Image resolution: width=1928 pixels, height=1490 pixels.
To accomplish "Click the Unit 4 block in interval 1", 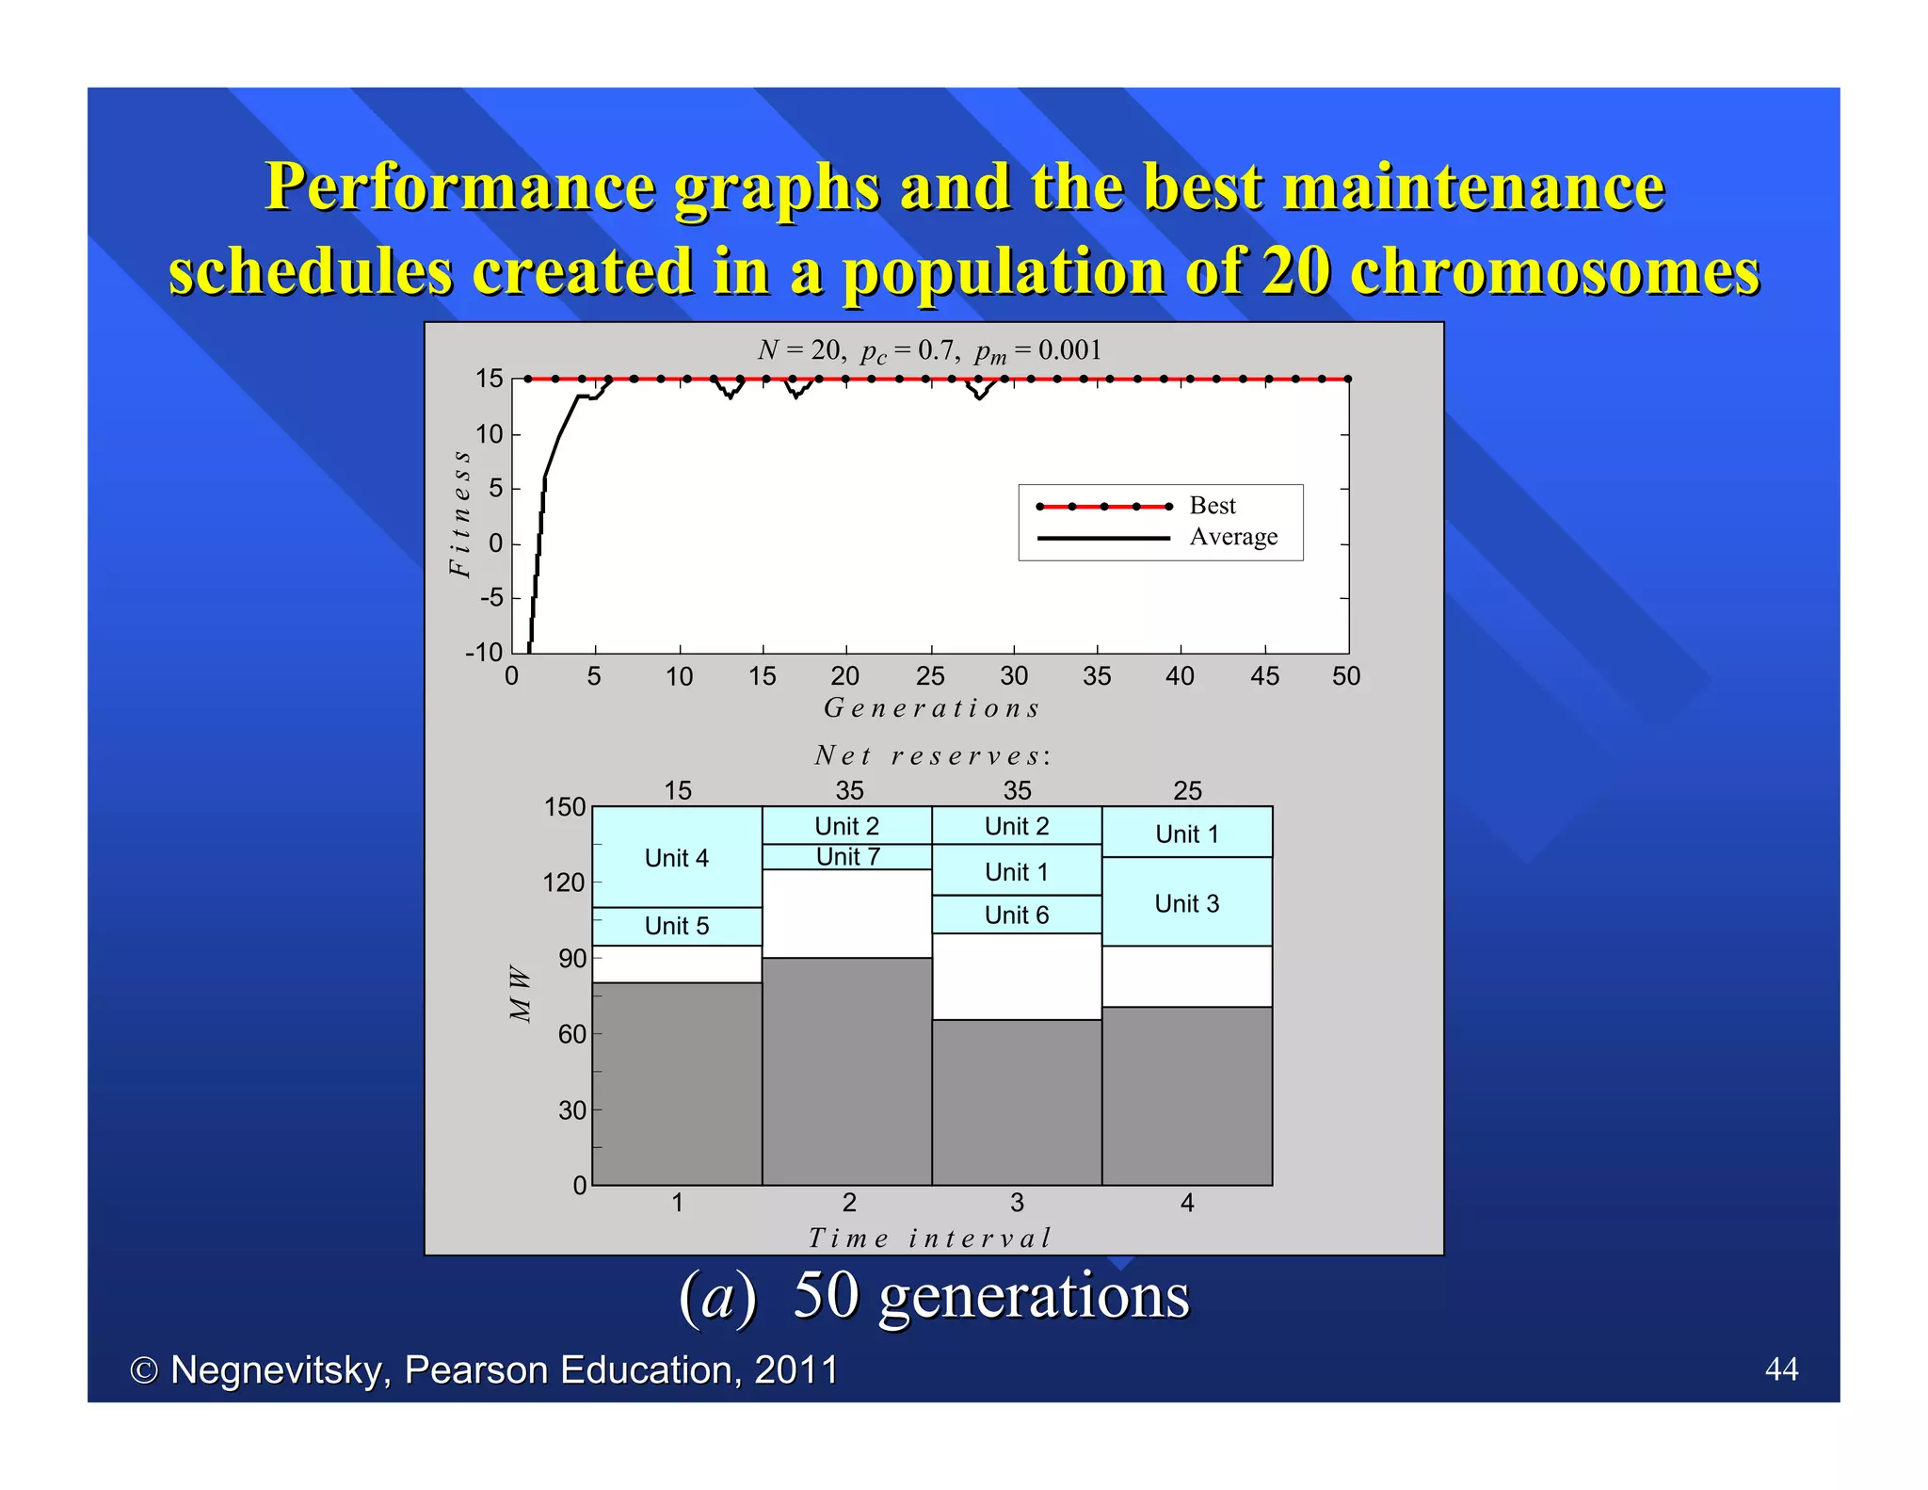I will tap(677, 857).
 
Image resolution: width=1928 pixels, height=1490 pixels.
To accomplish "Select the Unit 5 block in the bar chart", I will tap(677, 926).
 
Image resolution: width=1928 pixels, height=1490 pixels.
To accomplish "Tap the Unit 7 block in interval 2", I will tap(847, 857).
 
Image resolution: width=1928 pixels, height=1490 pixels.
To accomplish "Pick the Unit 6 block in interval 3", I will tap(1017, 915).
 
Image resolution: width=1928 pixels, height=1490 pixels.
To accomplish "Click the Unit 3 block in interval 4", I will tap(1187, 902).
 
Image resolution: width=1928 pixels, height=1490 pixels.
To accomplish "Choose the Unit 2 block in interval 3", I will tap(1017, 826).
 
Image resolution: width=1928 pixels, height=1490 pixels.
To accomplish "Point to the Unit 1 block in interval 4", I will tap(1187, 833).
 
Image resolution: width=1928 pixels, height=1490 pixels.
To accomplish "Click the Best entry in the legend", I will tap(1213, 506).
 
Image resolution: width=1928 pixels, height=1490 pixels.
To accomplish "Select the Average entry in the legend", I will tap(1233, 537).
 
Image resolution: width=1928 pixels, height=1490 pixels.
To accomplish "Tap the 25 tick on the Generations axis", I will tap(930, 676).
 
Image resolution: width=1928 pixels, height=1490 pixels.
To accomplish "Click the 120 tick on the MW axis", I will tap(565, 883).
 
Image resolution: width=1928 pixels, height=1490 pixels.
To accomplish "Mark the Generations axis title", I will tap(932, 708).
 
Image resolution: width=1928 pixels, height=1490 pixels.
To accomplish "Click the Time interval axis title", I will tap(930, 1238).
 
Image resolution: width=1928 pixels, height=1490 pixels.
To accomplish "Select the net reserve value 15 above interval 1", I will tap(678, 790).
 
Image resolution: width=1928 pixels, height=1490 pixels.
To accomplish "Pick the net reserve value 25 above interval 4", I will tap(1187, 790).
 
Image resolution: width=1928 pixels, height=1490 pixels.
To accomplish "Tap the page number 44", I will tap(1781, 1369).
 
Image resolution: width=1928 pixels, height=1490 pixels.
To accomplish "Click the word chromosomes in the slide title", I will tap(1553, 271).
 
